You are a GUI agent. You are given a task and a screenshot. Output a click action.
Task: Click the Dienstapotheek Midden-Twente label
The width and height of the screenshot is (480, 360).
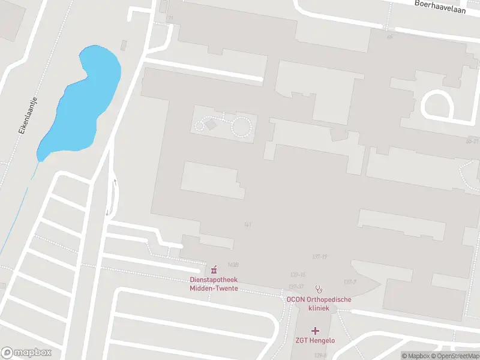(x=214, y=284)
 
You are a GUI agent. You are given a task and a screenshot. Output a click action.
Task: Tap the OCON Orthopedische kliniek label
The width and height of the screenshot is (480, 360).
(x=318, y=304)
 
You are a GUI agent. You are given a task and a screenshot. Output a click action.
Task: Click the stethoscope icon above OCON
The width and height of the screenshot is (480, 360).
(x=319, y=288)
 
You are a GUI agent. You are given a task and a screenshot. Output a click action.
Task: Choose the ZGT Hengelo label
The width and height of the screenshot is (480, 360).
(x=315, y=341)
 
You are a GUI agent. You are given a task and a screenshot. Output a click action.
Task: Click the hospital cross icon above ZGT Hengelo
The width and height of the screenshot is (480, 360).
(x=315, y=331)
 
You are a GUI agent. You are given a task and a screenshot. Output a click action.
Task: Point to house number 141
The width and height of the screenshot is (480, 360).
(x=247, y=224)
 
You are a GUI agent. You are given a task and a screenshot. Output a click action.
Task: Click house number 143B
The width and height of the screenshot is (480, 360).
(x=233, y=265)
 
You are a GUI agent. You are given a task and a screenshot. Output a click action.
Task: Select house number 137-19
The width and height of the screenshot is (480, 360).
(x=319, y=257)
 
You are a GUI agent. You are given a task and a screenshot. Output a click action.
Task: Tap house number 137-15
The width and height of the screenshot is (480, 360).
(x=298, y=274)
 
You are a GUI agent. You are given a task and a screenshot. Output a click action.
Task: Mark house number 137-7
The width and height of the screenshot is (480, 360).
(x=350, y=281)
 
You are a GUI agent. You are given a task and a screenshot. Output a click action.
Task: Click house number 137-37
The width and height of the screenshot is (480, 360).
(x=296, y=286)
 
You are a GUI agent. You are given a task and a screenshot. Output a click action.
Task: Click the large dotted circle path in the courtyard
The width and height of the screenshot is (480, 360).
(x=242, y=127)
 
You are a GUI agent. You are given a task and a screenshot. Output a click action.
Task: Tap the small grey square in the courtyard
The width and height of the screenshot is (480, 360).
(x=211, y=124)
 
